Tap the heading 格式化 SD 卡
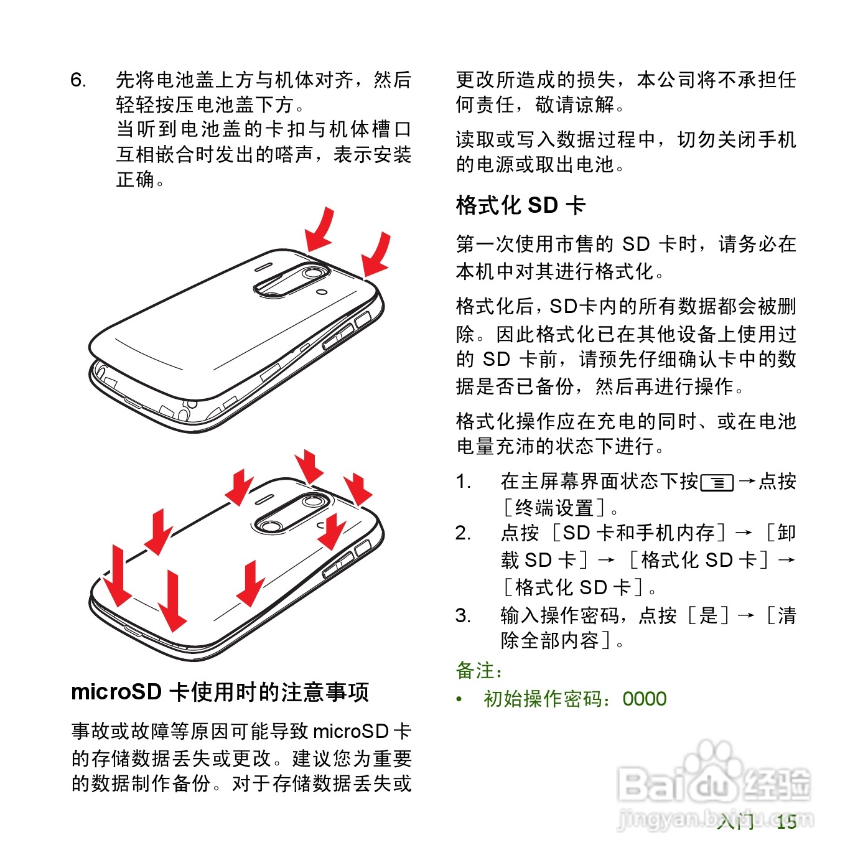tap(520, 205)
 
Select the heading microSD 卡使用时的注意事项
tap(220, 692)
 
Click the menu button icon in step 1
tap(717, 482)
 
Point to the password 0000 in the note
tap(644, 699)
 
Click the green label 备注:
tap(479, 671)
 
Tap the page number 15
tap(786, 822)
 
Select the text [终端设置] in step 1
tap(554, 508)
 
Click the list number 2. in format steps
tap(463, 533)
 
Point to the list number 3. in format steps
tap(463, 615)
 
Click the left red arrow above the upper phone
tap(320, 230)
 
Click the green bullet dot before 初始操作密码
tap(459, 699)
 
